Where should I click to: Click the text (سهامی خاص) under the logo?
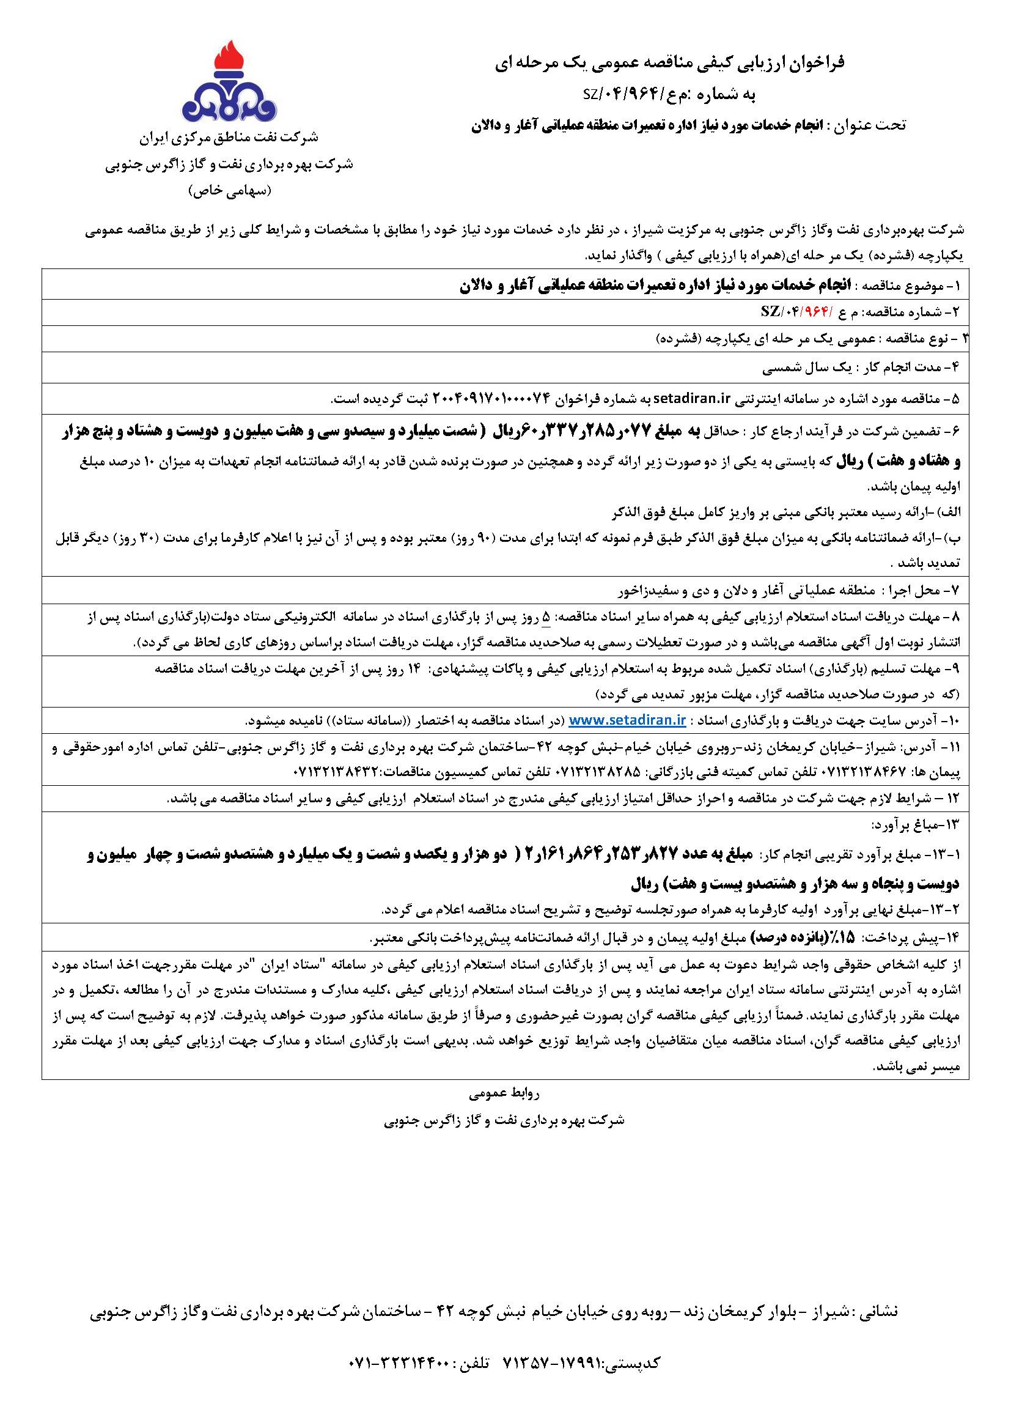click(230, 191)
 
